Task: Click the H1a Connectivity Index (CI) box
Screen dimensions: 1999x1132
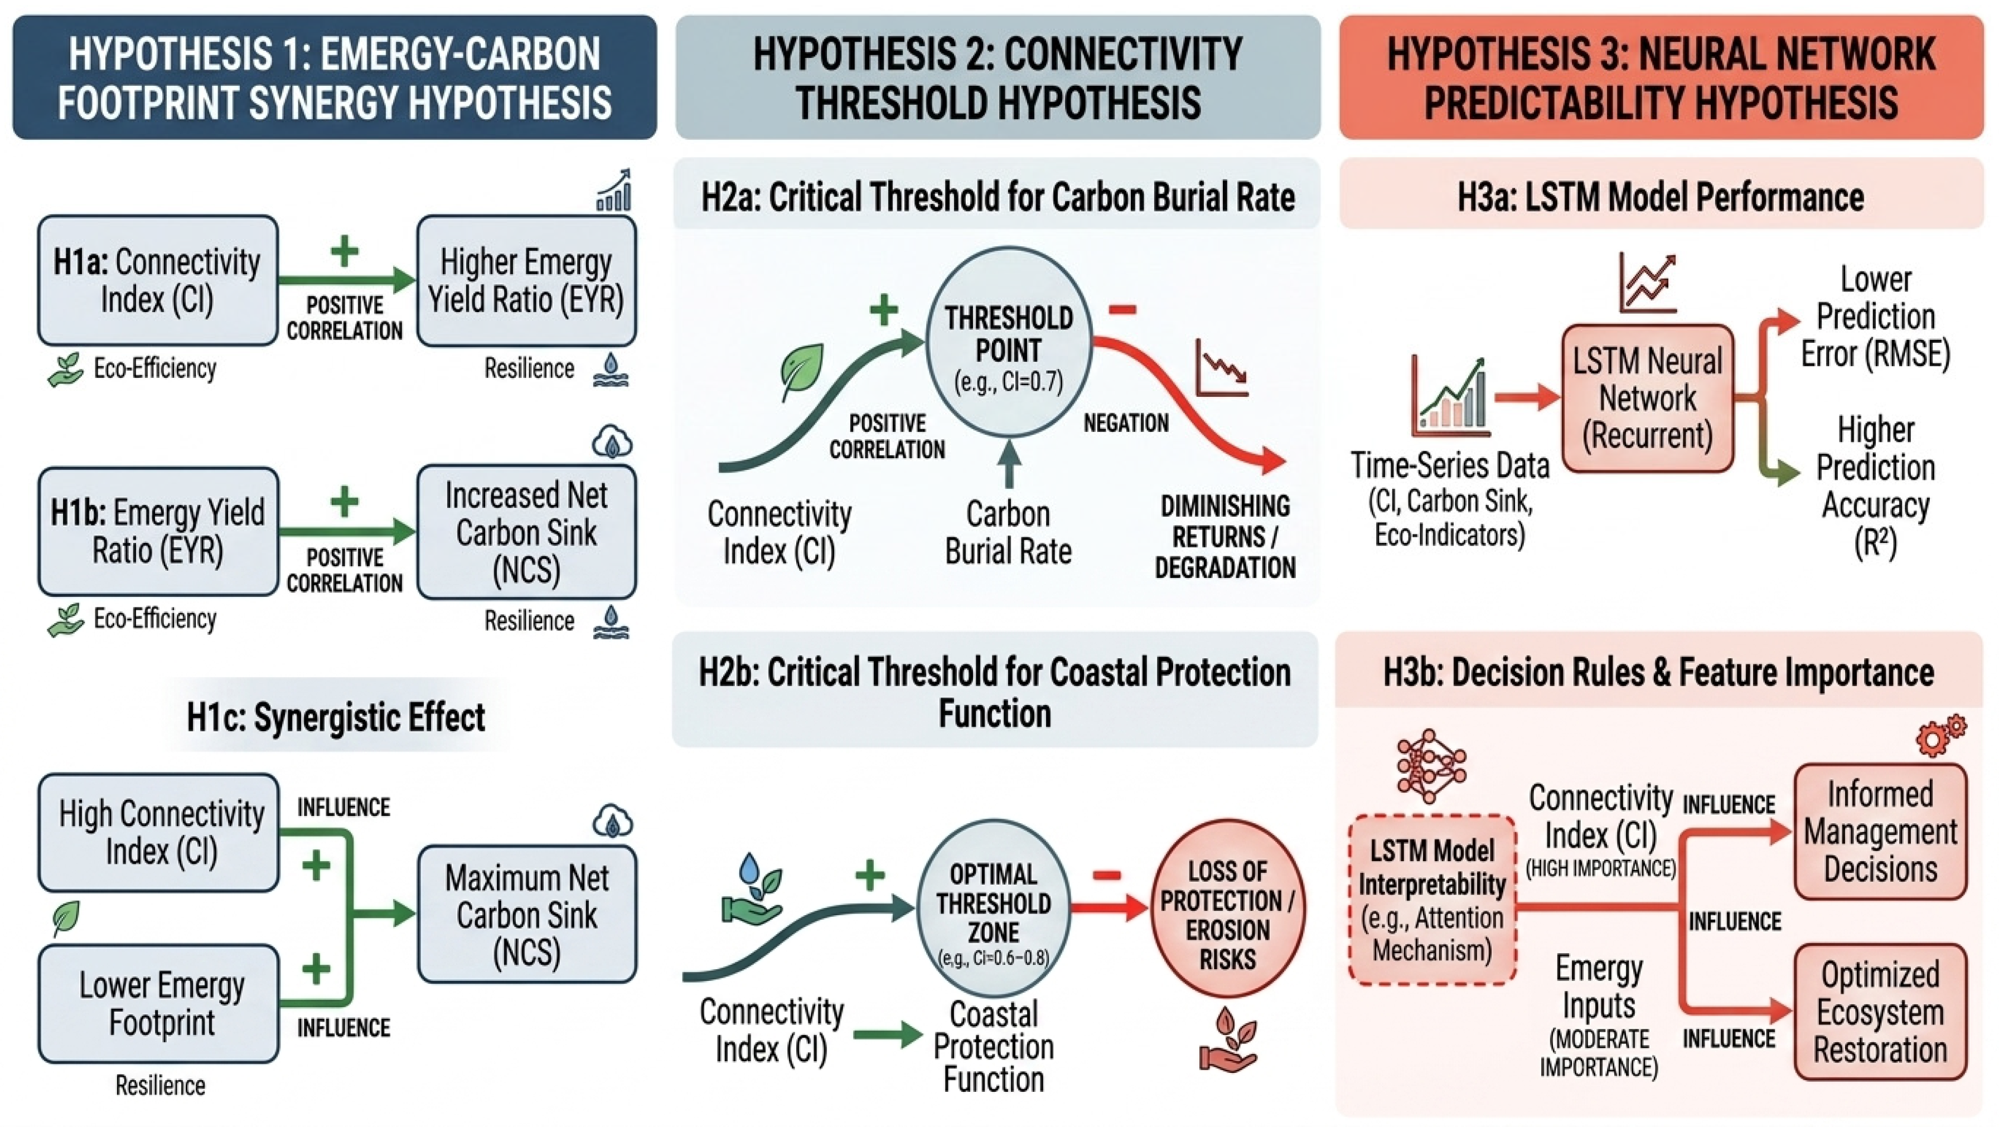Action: pos(158,281)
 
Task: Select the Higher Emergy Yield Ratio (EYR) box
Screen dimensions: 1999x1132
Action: pos(526,281)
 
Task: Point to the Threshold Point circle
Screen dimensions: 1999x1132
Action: pos(1008,342)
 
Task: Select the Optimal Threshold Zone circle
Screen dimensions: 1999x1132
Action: pos(993,907)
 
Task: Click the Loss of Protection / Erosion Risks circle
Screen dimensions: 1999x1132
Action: pos(1227,908)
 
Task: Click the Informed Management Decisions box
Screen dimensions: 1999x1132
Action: pos(1880,831)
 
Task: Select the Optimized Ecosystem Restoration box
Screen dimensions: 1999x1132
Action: pos(1880,1012)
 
